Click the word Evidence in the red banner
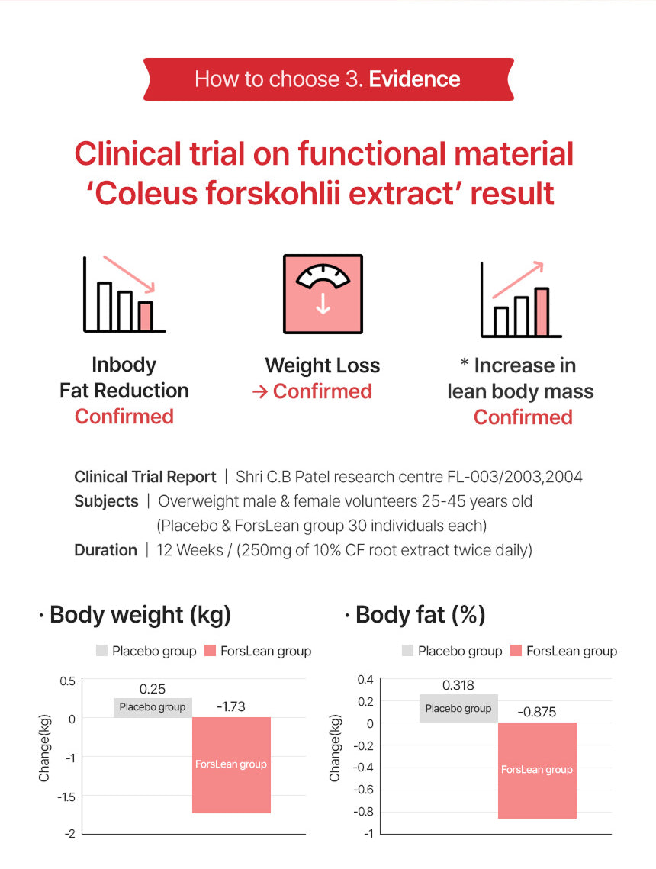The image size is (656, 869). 414,79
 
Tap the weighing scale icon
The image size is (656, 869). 323,294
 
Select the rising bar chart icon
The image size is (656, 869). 521,299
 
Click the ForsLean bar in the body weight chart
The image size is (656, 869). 231,764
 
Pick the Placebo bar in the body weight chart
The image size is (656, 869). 153,707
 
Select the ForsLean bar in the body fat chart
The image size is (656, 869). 537,770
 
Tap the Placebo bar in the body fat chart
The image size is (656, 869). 458,708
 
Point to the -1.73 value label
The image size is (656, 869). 231,707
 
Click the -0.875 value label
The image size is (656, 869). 537,713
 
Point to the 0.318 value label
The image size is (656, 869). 458,685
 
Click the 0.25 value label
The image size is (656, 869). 153,689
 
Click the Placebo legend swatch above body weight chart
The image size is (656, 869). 102,651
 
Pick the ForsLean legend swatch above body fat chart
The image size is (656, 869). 516,651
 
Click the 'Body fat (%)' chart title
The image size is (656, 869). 420,615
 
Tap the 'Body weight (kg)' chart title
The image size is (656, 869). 140,615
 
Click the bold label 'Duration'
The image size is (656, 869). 105,550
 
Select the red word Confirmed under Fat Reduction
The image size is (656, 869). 124,417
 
